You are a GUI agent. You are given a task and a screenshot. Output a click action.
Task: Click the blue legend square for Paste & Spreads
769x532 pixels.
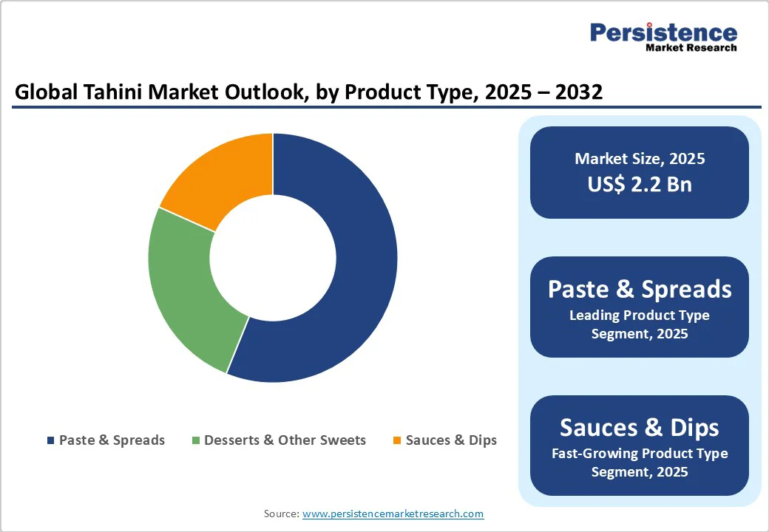(x=51, y=440)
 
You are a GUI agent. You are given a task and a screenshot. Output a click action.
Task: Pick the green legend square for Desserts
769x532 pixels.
(x=196, y=440)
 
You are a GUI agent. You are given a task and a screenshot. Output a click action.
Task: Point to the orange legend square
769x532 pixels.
(x=397, y=440)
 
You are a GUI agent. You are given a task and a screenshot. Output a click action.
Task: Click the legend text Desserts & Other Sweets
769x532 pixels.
(x=285, y=440)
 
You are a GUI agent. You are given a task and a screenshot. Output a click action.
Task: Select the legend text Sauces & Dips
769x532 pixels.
(x=451, y=440)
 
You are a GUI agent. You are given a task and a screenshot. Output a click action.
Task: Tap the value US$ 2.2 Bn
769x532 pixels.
(x=640, y=184)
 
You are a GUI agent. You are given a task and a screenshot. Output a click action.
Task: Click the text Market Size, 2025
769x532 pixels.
(x=640, y=159)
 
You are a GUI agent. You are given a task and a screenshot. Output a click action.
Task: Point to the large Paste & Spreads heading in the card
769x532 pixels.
(x=640, y=289)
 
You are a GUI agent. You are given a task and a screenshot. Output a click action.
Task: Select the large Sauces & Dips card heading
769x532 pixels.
(x=640, y=427)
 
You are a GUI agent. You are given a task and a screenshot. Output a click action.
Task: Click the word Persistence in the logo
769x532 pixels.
(x=663, y=33)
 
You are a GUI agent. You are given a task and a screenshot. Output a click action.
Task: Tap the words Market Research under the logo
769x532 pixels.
(x=691, y=48)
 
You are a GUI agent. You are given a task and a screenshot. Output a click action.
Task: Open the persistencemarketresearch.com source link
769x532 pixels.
(x=393, y=514)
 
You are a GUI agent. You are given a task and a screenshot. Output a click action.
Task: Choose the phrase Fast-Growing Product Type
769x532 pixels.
(x=640, y=454)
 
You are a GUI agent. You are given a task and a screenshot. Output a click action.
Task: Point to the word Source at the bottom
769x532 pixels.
(x=281, y=514)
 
